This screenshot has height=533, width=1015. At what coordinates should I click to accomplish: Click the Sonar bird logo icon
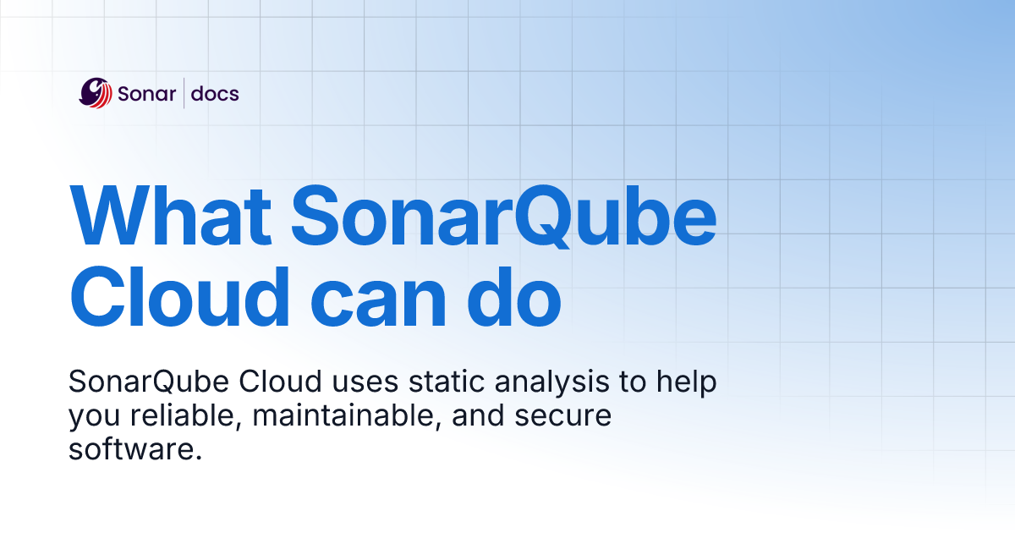point(96,93)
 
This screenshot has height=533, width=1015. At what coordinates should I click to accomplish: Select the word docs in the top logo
point(215,94)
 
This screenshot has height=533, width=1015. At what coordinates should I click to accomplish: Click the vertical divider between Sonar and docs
point(184,93)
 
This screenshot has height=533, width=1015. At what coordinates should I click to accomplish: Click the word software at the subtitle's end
point(135,450)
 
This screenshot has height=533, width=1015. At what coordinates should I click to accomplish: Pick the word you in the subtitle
point(88,418)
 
